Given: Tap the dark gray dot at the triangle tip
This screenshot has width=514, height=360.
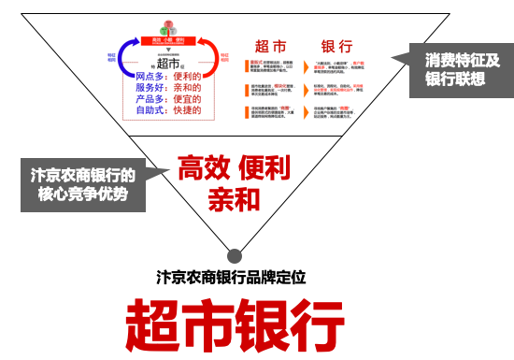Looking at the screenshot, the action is (x=234, y=253).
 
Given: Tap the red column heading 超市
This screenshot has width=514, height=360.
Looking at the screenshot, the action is (x=271, y=47).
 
